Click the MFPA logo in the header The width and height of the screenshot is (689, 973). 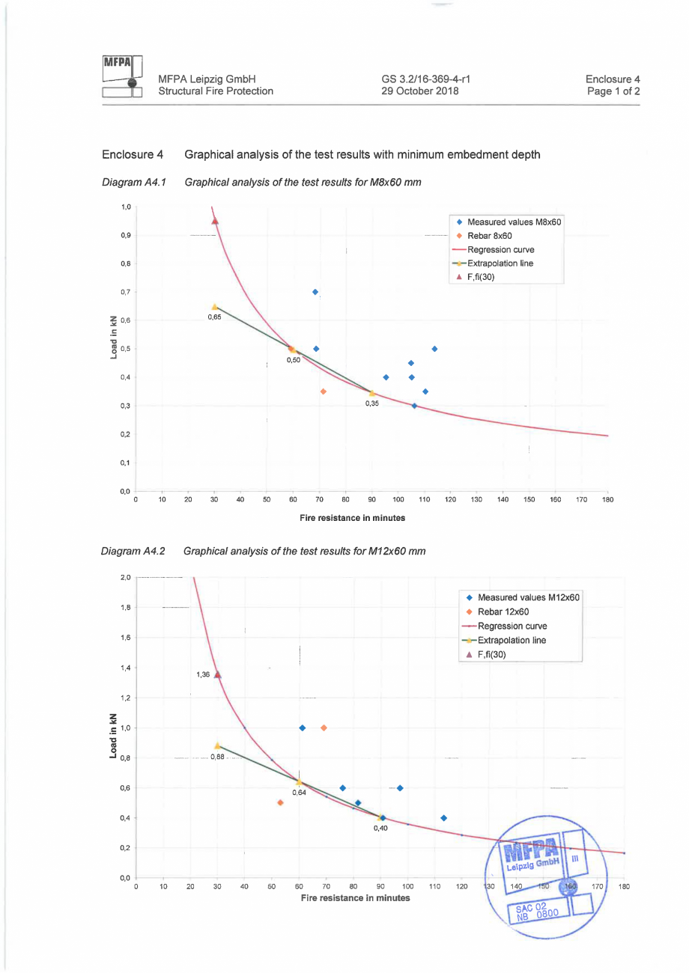(x=122, y=77)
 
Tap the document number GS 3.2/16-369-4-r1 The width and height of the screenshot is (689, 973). (x=425, y=79)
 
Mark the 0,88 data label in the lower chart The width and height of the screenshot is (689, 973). (x=217, y=757)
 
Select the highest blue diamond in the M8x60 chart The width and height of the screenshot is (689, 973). (x=315, y=292)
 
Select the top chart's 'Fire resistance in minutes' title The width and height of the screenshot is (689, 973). (x=353, y=517)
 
